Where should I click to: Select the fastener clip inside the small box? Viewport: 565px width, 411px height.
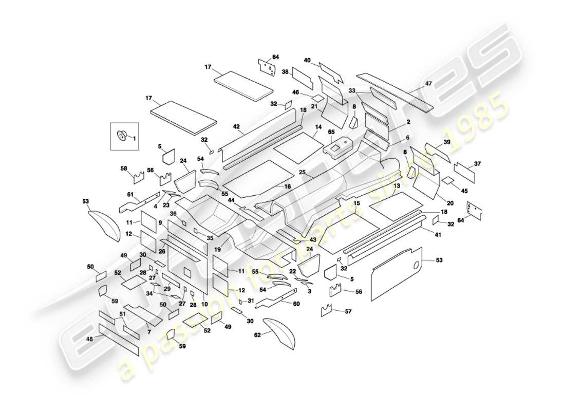(x=123, y=136)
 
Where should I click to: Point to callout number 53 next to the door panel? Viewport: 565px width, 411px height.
(x=439, y=261)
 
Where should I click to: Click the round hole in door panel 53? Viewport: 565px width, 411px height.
(x=417, y=267)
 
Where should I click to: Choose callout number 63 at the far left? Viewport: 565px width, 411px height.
(x=85, y=201)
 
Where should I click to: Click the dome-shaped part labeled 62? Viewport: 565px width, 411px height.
(x=281, y=332)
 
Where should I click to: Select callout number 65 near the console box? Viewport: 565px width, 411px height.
(x=332, y=132)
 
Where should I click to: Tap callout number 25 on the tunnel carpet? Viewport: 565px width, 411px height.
(x=302, y=173)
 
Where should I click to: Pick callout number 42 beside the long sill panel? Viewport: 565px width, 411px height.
(x=236, y=126)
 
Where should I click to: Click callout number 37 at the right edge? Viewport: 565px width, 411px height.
(x=477, y=164)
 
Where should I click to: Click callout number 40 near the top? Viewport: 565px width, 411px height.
(x=307, y=60)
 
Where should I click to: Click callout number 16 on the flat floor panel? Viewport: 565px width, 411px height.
(x=288, y=187)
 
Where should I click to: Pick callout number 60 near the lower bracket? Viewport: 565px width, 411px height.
(x=296, y=304)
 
